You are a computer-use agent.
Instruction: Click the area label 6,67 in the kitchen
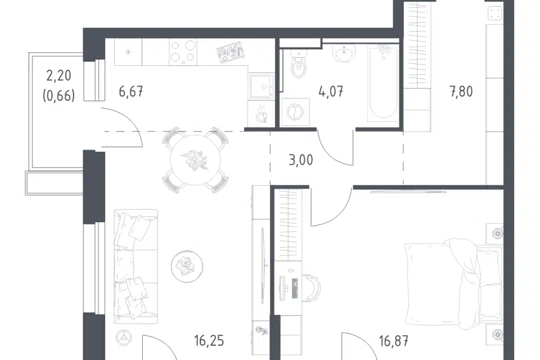[131, 92]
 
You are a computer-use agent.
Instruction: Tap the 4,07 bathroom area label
[331, 92]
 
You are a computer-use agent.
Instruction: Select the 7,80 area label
[461, 92]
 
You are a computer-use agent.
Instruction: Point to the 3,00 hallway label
[300, 160]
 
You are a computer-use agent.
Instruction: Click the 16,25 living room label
[209, 341]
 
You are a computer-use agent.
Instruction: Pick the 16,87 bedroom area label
[394, 341]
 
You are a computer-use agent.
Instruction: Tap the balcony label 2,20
[59, 75]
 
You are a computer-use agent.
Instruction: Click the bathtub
[383, 83]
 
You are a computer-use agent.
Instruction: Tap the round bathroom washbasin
[344, 53]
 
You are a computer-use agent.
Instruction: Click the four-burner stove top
[183, 52]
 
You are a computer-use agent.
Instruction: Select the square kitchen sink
[262, 87]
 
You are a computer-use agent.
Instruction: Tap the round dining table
[195, 160]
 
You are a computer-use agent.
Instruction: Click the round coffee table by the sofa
[187, 266]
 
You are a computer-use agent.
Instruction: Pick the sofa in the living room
[136, 266]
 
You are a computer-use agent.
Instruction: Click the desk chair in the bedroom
[312, 287]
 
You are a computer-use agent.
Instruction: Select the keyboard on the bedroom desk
[295, 289]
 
